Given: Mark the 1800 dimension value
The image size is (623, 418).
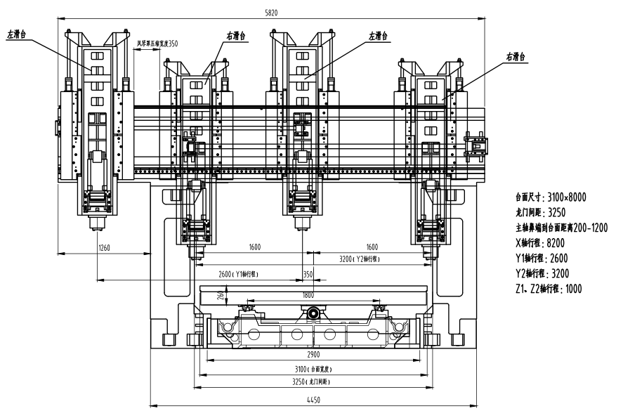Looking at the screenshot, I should click(308, 295).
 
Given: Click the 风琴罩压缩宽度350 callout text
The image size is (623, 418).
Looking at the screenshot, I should click(157, 44).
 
